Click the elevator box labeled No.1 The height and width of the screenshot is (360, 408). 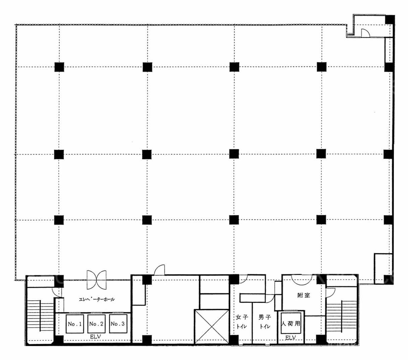(75, 324)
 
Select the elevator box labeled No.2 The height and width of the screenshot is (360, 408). (96, 324)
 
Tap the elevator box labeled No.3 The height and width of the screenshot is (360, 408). (118, 324)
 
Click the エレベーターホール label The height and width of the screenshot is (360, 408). (97, 299)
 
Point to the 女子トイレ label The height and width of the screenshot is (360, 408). (242, 322)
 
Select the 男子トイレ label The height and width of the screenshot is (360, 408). (265, 322)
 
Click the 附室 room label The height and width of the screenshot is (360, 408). (304, 295)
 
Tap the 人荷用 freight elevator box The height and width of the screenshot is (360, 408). (291, 323)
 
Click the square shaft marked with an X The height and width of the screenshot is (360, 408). (212, 326)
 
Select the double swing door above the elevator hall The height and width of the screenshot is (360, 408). (96, 280)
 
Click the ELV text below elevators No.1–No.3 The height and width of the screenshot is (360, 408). (95, 337)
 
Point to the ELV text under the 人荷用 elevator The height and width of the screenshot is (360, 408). (291, 338)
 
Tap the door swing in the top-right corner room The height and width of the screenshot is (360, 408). (365, 33)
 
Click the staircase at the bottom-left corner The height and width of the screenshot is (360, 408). (40, 316)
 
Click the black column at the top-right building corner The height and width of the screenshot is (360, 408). (390, 19)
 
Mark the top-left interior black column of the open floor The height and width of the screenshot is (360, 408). (59, 67)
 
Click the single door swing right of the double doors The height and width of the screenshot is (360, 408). (159, 270)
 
